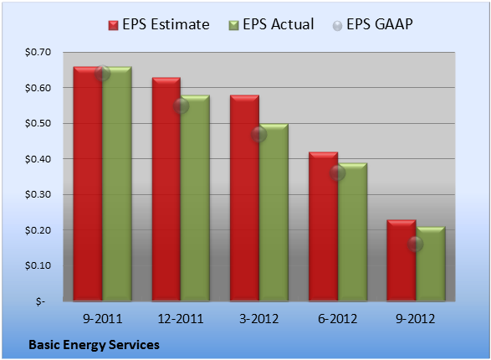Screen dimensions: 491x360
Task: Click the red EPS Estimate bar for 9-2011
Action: click(x=88, y=183)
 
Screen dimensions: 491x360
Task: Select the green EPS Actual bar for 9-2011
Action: click(x=117, y=183)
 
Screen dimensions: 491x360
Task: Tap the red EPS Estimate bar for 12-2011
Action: click(x=166, y=189)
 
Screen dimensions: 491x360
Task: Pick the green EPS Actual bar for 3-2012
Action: click(x=274, y=212)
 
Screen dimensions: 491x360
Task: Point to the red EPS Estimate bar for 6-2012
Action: click(x=324, y=226)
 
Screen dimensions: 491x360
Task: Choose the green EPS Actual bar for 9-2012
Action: click(x=431, y=264)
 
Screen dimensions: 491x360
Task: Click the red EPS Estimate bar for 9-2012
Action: click(x=401, y=260)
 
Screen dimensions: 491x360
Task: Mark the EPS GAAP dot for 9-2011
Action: click(x=102, y=74)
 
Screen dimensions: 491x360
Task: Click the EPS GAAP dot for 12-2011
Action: click(x=181, y=105)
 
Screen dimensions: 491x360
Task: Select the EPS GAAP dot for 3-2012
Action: click(x=259, y=135)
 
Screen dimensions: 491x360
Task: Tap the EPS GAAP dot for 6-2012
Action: click(x=338, y=173)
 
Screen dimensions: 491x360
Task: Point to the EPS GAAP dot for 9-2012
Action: click(x=416, y=244)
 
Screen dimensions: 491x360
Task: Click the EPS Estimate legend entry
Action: click(x=159, y=24)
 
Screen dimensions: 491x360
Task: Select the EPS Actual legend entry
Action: click(x=271, y=24)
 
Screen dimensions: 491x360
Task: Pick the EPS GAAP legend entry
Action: click(x=372, y=24)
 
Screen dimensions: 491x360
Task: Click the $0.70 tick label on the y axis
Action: click(x=38, y=52)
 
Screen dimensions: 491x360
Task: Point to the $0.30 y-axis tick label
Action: click(x=38, y=194)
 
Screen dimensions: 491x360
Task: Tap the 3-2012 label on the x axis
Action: click(x=259, y=319)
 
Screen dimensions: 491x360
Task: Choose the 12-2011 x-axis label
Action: click(x=181, y=319)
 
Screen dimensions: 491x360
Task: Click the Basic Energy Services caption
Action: click(x=94, y=345)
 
